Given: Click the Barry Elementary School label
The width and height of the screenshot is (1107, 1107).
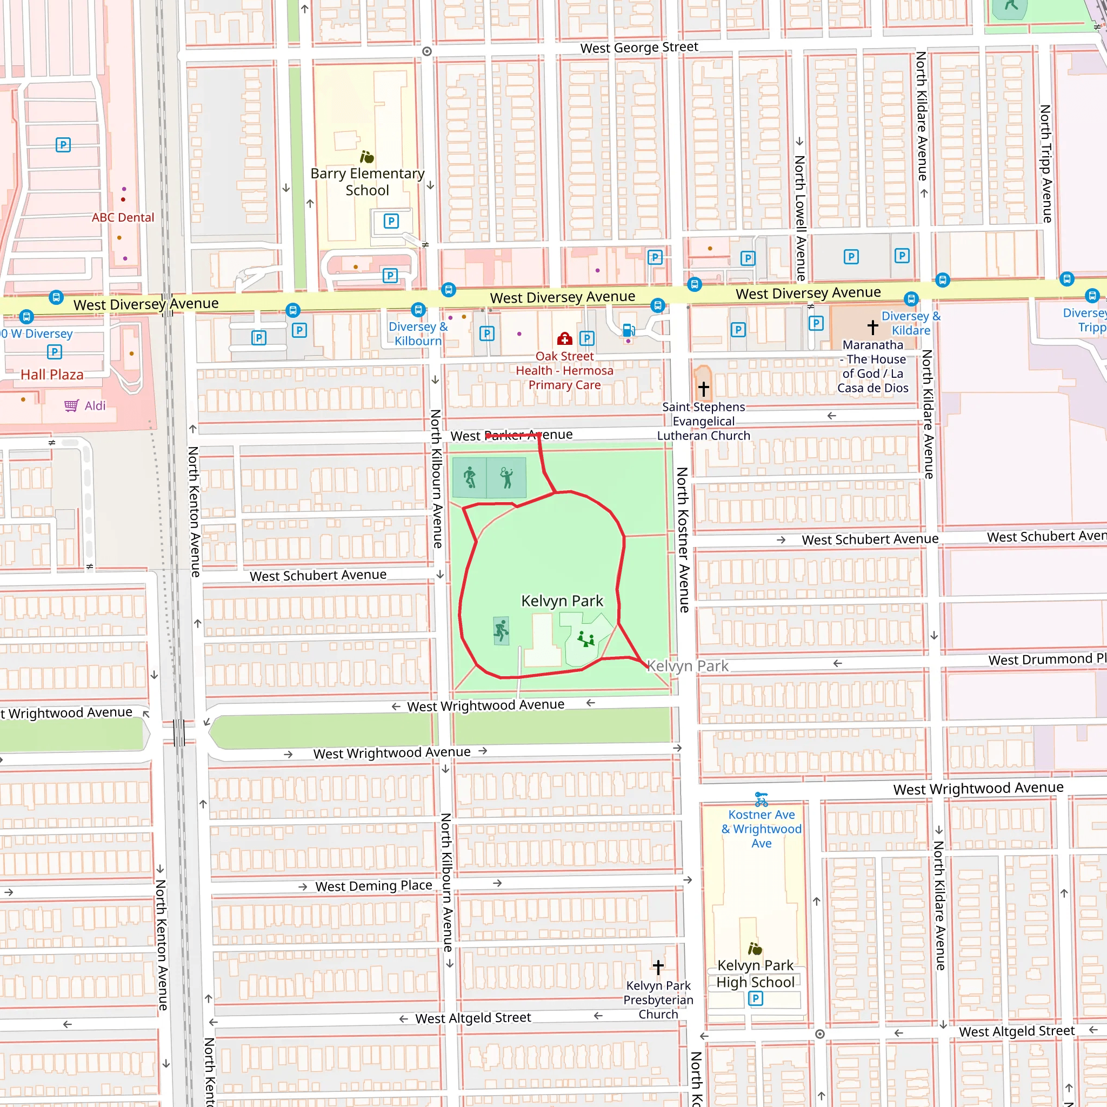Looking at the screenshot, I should click(367, 182).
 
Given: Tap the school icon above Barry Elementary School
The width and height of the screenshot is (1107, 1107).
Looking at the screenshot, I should click(366, 156).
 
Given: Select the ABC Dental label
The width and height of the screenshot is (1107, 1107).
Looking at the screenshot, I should click(123, 217).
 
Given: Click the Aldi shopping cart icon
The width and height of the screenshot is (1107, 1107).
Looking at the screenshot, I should click(71, 406).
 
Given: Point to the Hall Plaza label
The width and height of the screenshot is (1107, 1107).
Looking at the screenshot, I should click(52, 375).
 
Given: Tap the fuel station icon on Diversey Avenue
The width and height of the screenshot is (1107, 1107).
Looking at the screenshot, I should click(628, 330).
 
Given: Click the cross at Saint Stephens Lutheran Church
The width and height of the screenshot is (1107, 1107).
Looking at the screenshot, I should click(704, 389).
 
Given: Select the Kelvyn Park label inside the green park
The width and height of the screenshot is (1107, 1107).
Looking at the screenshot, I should click(562, 601).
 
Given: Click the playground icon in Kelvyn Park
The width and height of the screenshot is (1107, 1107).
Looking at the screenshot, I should click(585, 639).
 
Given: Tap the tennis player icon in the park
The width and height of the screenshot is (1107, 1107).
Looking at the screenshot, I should click(506, 477).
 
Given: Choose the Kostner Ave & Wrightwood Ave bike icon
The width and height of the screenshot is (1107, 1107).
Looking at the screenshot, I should click(761, 799).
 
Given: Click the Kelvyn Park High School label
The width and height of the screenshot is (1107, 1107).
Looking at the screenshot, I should click(755, 973).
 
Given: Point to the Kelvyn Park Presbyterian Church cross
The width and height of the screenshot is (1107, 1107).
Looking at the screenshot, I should click(658, 967).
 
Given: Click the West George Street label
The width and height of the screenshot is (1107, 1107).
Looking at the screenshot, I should click(639, 48).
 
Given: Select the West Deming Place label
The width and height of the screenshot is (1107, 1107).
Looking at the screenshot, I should click(374, 886).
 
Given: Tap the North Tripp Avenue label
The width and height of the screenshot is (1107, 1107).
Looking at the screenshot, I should click(1046, 163).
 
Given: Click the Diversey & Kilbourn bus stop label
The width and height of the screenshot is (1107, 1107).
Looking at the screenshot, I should click(418, 334).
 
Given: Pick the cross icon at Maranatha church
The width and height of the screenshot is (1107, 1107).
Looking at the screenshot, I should click(872, 327).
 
